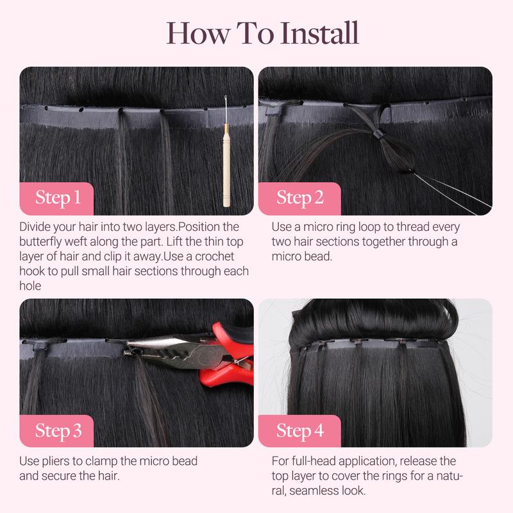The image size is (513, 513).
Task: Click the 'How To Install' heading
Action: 262,32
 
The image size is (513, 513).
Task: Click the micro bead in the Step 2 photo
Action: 376,133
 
